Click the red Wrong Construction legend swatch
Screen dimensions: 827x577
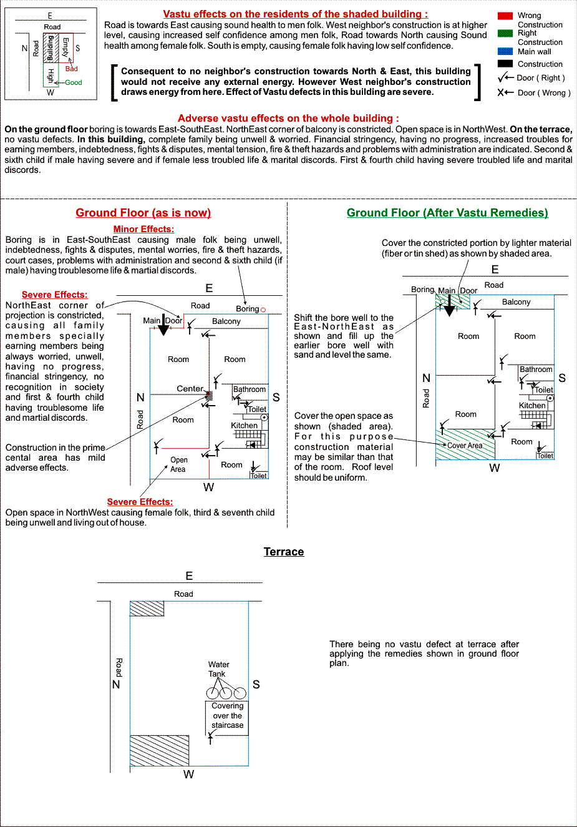click(505, 16)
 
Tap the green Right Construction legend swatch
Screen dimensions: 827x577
click(505, 33)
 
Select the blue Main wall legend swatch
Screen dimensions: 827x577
click(505, 51)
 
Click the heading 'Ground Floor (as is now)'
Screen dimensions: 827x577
click(143, 213)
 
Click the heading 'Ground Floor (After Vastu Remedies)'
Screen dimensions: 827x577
click(447, 213)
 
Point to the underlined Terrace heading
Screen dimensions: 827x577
click(284, 552)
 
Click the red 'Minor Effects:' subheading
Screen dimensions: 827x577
click(143, 229)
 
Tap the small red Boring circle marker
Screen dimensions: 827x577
click(263, 310)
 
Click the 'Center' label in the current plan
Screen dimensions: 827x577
click(190, 388)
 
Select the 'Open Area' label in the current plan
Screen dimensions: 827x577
click(178, 464)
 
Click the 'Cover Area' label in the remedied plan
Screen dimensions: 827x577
click(465, 446)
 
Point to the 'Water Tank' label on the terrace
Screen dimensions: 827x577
click(218, 669)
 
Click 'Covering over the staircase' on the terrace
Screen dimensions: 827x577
click(227, 715)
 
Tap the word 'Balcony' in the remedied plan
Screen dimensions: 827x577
click(516, 302)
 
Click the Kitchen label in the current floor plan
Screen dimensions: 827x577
click(245, 426)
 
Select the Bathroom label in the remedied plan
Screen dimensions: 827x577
click(536, 369)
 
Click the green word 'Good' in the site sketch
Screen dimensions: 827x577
click(74, 82)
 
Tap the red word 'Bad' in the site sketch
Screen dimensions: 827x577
click(72, 69)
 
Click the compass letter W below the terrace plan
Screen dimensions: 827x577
click(188, 775)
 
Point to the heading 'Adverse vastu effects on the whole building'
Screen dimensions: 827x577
click(288, 119)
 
